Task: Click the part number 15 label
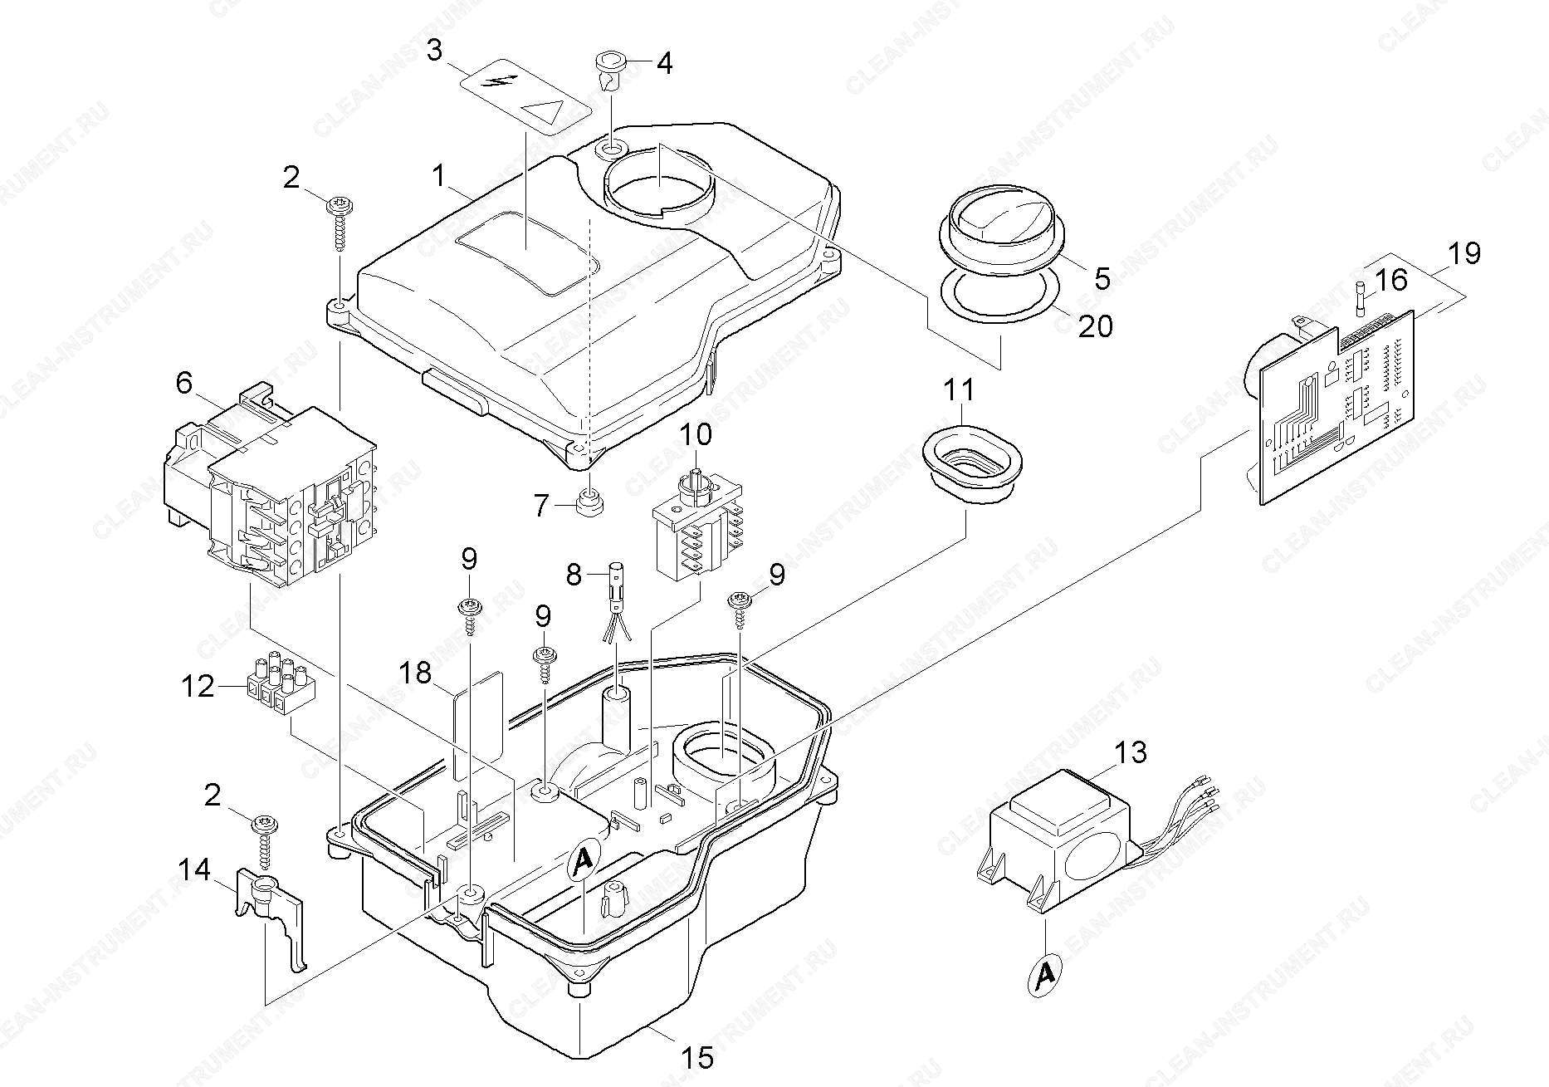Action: click(x=698, y=1057)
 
